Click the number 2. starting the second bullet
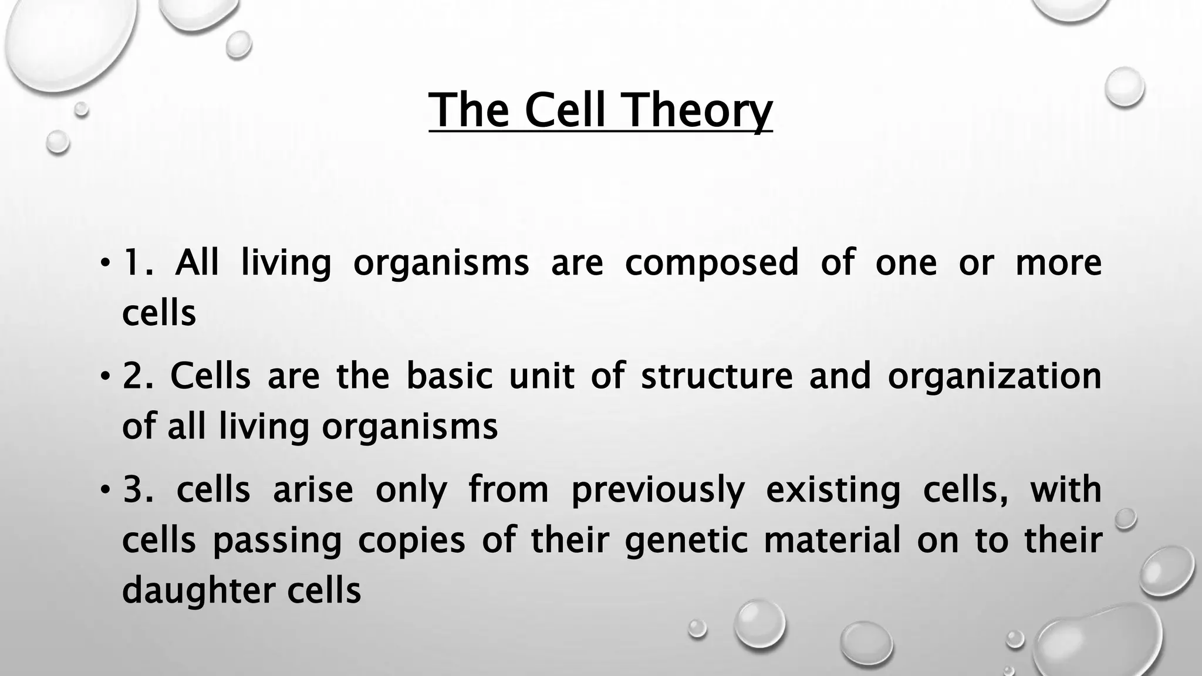[x=138, y=376]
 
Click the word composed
[x=711, y=263]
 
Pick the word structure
[x=717, y=376]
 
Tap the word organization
[x=994, y=377]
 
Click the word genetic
[x=686, y=541]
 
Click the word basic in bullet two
[x=449, y=376]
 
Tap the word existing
[x=833, y=491]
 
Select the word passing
[x=276, y=541]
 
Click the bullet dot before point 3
[x=104, y=488]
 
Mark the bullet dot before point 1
[x=104, y=261]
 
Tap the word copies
[x=411, y=541]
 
